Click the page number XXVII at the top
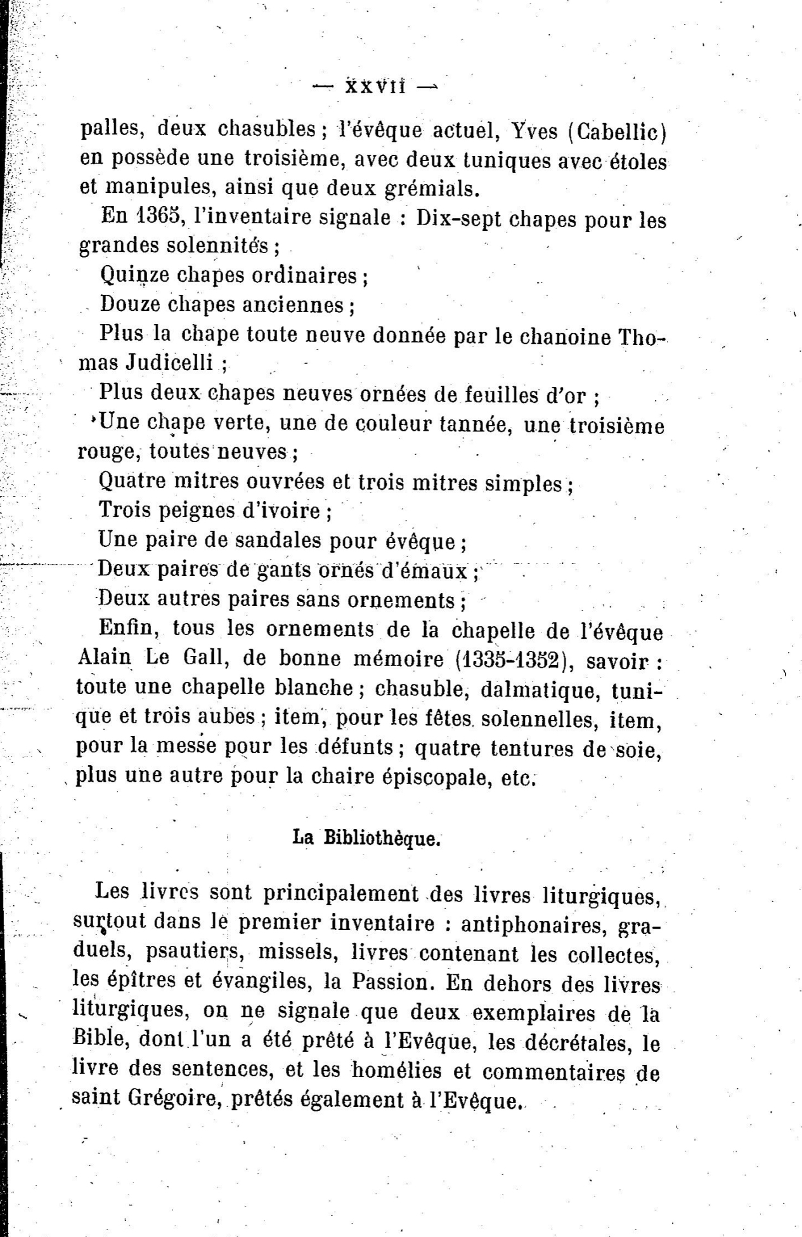376,86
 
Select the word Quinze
133,275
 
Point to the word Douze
130,304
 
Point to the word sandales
278,540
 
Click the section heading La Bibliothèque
366,838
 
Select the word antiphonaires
535,924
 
